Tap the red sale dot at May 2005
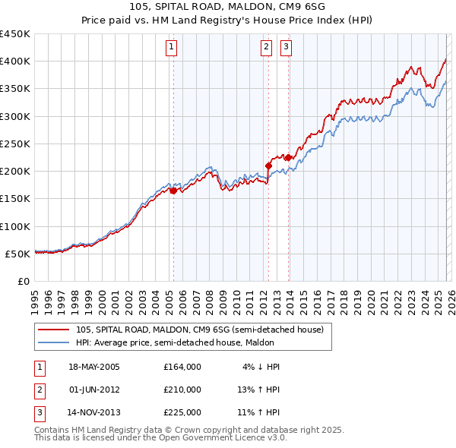(x=173, y=191)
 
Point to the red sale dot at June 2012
(x=268, y=165)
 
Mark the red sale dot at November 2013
(x=288, y=157)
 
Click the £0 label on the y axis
(x=23, y=281)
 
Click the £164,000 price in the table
(x=182, y=367)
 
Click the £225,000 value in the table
(x=182, y=412)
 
